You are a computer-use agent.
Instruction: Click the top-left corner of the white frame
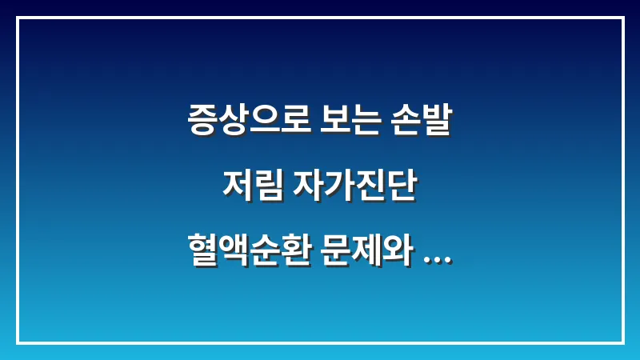[18, 18]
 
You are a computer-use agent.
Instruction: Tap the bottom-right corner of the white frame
[622, 342]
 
